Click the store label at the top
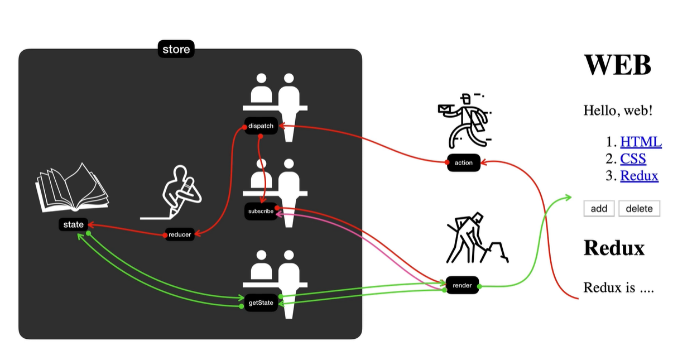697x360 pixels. (176, 49)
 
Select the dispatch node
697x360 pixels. (261, 126)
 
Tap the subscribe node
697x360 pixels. (261, 212)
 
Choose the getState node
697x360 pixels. (261, 303)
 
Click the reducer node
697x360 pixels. (180, 234)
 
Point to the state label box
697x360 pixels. (74, 224)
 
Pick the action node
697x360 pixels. (464, 162)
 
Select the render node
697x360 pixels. (463, 285)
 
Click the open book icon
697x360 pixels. (72, 188)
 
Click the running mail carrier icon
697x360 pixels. (464, 121)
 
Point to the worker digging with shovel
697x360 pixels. (477, 238)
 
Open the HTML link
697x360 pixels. (641, 142)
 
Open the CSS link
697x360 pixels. (633, 159)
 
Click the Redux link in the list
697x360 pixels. (639, 176)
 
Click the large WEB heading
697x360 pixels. (618, 65)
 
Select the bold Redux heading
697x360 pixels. (614, 248)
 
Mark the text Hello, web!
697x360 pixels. (618, 111)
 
